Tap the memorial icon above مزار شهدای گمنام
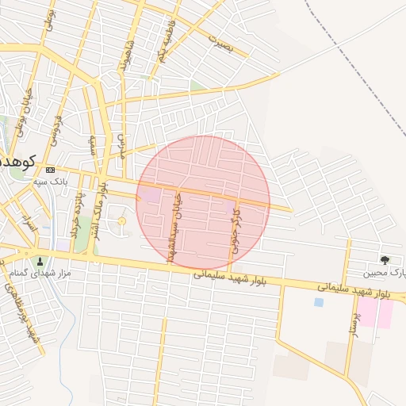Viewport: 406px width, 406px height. coord(40,260)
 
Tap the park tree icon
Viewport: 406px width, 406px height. coord(385,259)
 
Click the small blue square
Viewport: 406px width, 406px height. coord(319,302)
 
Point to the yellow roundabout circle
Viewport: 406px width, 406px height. coord(121,221)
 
